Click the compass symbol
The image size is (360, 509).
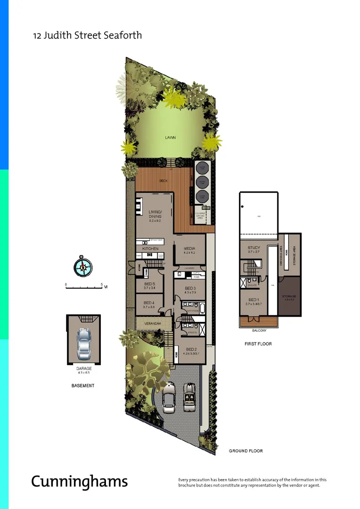[x=83, y=267]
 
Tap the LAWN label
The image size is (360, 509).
[x=170, y=138]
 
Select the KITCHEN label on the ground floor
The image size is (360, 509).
[x=150, y=248]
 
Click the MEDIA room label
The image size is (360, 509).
[x=189, y=249]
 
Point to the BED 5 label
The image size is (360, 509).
[x=149, y=284]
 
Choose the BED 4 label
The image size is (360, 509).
[x=149, y=303]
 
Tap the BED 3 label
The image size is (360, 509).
[x=190, y=288]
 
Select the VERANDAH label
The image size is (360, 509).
[x=153, y=324]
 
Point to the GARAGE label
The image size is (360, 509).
[x=83, y=369]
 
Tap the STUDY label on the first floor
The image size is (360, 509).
[x=254, y=248]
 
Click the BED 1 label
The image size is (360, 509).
[x=254, y=300]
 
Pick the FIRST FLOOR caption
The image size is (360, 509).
[x=258, y=344]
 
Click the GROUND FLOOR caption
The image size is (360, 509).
[x=245, y=451]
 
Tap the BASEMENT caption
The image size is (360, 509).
[x=82, y=386]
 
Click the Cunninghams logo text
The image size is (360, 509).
[x=79, y=481]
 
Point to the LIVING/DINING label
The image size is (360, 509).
[x=155, y=214]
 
